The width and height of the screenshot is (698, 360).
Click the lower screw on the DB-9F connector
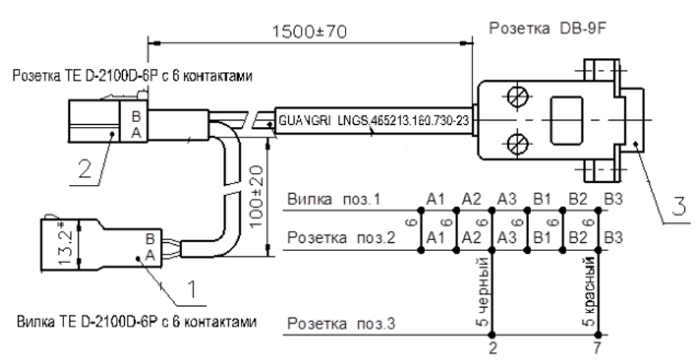coord(517,145)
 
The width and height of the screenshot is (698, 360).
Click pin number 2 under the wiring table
coord(493,347)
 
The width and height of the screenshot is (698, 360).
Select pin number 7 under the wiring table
coord(598,347)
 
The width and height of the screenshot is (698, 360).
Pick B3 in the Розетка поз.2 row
coord(613,239)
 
